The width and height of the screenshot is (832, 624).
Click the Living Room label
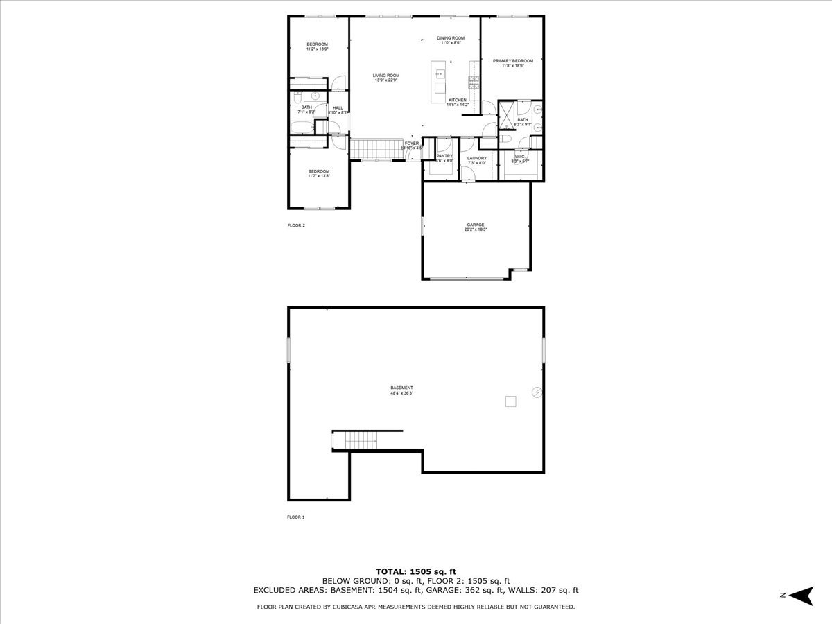[x=385, y=76]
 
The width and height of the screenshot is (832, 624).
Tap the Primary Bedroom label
[x=513, y=61]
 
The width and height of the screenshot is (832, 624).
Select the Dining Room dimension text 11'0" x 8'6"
[x=451, y=43]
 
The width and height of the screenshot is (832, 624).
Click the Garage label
[x=476, y=225]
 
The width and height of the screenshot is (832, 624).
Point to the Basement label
[x=401, y=388]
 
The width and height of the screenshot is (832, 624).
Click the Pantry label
[x=444, y=156]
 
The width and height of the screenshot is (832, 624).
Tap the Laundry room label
[x=477, y=158]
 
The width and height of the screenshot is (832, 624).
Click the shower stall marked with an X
[x=507, y=111]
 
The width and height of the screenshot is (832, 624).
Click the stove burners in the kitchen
[x=474, y=83]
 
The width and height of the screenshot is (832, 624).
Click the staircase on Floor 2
[x=374, y=148]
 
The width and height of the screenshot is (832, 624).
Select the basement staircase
[x=361, y=440]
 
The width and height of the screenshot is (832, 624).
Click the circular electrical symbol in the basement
[x=535, y=393]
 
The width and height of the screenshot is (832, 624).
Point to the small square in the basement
[x=511, y=400]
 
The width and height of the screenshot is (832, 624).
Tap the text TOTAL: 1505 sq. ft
[x=415, y=571]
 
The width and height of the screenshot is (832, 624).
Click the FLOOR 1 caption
[x=296, y=517]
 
